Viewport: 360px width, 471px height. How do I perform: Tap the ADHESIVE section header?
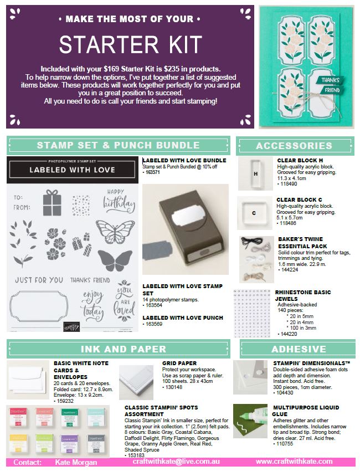[299, 349]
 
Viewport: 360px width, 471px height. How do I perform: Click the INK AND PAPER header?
[123, 349]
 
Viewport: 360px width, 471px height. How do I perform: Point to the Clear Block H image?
[256, 173]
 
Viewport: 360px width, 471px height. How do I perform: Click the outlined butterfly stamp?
[112, 228]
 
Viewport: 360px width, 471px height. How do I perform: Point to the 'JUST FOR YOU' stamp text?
[38, 280]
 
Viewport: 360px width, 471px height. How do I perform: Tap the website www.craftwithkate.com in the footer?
[294, 462]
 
